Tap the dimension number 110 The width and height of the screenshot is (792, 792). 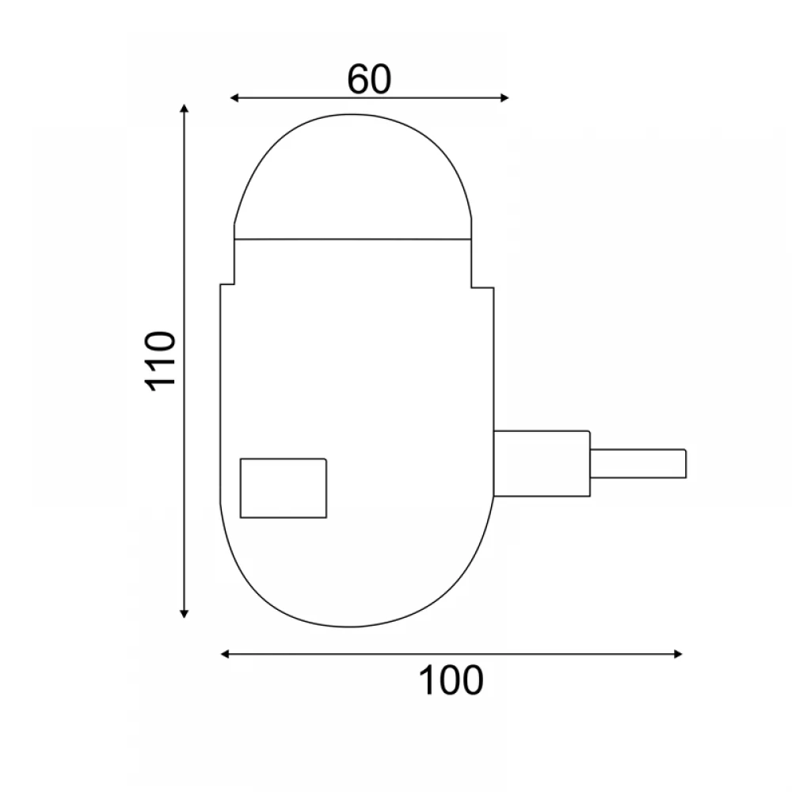click(x=160, y=360)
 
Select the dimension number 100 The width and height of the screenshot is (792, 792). click(x=450, y=680)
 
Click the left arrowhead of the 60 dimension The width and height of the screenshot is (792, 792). click(x=234, y=97)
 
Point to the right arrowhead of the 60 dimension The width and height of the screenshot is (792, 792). click(x=505, y=97)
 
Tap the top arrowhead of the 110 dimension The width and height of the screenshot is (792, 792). click(x=185, y=109)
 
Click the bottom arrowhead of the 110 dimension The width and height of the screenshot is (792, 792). click(x=185, y=611)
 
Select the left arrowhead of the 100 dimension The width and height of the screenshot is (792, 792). click(x=225, y=654)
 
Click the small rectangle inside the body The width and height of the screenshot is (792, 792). click(x=284, y=488)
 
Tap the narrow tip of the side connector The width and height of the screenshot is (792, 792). click(x=638, y=463)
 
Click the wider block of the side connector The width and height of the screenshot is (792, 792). click(x=542, y=463)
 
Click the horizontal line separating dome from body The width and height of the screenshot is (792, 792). click(x=353, y=238)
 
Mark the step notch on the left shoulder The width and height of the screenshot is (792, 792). click(x=227, y=284)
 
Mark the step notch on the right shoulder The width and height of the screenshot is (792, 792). click(x=480, y=287)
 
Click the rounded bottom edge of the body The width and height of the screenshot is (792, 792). click(x=356, y=626)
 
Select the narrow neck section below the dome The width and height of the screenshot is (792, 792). click(x=353, y=261)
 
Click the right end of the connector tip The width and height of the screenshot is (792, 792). click(x=685, y=463)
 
